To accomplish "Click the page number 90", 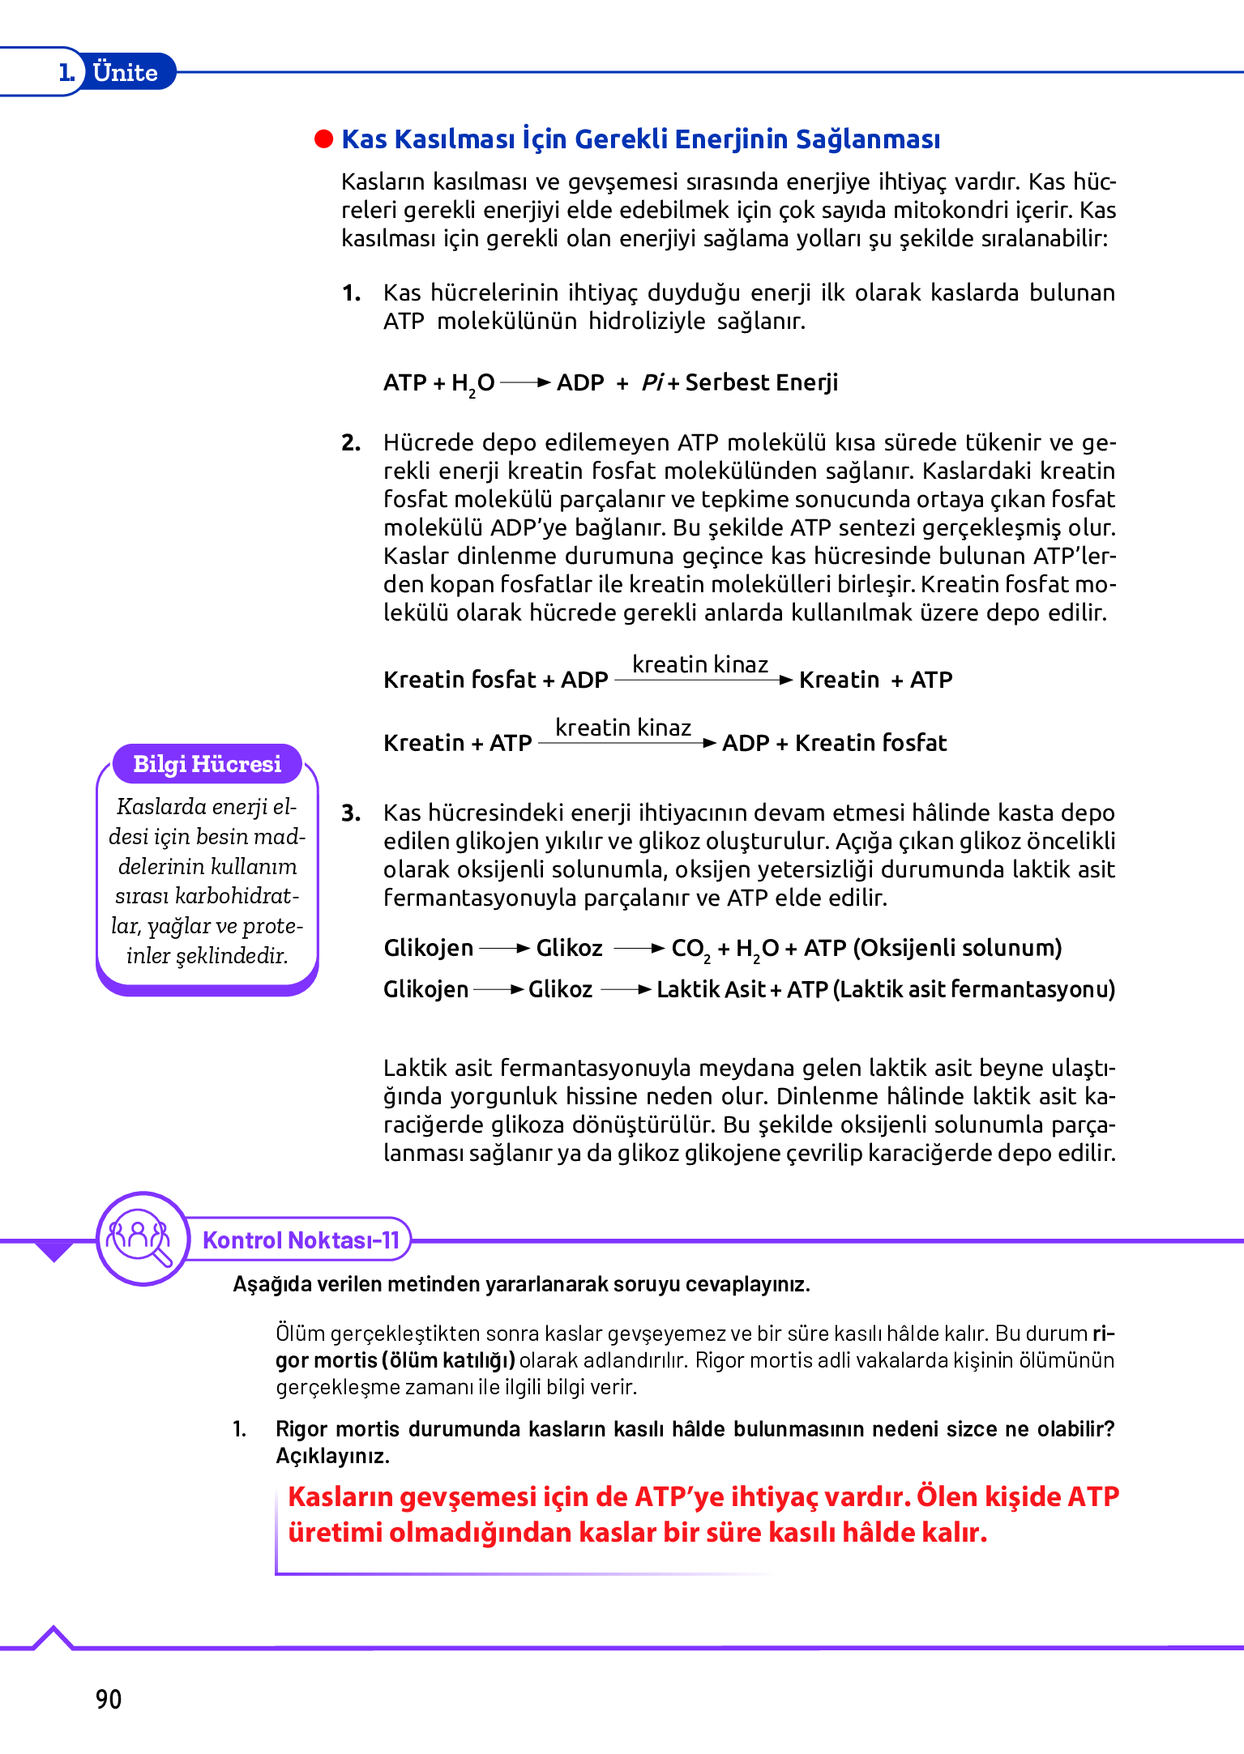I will (109, 1699).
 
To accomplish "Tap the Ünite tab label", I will (125, 72).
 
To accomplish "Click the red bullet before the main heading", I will (324, 139).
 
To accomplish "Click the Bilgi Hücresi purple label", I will (207, 764).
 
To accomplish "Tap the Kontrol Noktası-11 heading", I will (301, 1240).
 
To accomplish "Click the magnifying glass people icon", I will (141, 1238).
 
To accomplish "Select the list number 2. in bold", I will (351, 442).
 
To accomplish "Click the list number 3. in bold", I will (351, 813).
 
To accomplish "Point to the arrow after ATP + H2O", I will (525, 382).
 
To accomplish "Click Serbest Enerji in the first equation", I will (761, 382).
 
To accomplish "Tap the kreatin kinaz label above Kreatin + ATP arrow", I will (622, 728).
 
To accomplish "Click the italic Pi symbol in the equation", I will (652, 382).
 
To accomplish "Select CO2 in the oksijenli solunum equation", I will (690, 949).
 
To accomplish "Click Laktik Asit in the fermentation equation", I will (710, 989).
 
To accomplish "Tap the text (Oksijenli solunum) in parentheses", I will (957, 948).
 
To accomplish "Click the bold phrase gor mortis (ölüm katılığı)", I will (395, 1360).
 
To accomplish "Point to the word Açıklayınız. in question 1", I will (332, 1456).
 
